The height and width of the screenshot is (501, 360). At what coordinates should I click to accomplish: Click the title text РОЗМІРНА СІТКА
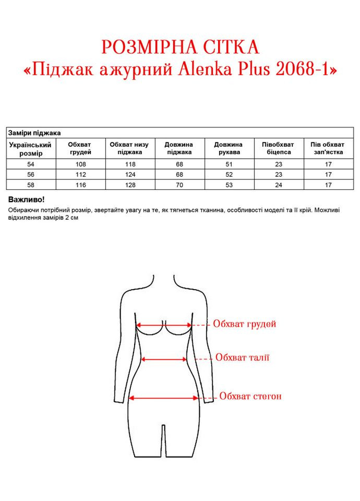pos(181,47)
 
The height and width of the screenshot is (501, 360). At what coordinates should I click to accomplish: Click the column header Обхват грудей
pos(80,148)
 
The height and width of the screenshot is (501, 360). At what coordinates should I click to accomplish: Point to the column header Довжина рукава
pos(228,148)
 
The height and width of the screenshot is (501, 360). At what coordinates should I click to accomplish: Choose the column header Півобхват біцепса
pos(278,148)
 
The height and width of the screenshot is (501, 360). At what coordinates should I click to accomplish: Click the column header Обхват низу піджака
pos(129,148)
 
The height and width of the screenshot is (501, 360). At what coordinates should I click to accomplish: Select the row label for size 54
pos(30,164)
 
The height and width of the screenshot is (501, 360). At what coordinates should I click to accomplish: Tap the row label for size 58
pos(30,184)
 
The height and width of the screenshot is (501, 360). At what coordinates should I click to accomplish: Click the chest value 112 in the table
pos(80,174)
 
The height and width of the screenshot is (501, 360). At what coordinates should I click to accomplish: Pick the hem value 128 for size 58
pos(129,184)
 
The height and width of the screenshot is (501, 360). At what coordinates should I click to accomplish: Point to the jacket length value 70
pos(179,184)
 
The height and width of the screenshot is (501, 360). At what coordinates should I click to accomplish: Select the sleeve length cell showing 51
pos(228,164)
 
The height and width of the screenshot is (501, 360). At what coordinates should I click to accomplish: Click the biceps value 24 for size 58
pos(278,184)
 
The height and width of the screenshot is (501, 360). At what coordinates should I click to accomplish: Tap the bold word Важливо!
pos(27,200)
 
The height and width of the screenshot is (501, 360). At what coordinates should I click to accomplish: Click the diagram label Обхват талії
pos(242,357)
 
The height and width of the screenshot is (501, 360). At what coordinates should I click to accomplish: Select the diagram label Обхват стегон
pos(250,396)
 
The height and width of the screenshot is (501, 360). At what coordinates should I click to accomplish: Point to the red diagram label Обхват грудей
pos(244,324)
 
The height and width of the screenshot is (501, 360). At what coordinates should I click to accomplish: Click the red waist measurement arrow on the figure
pos(164,359)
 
